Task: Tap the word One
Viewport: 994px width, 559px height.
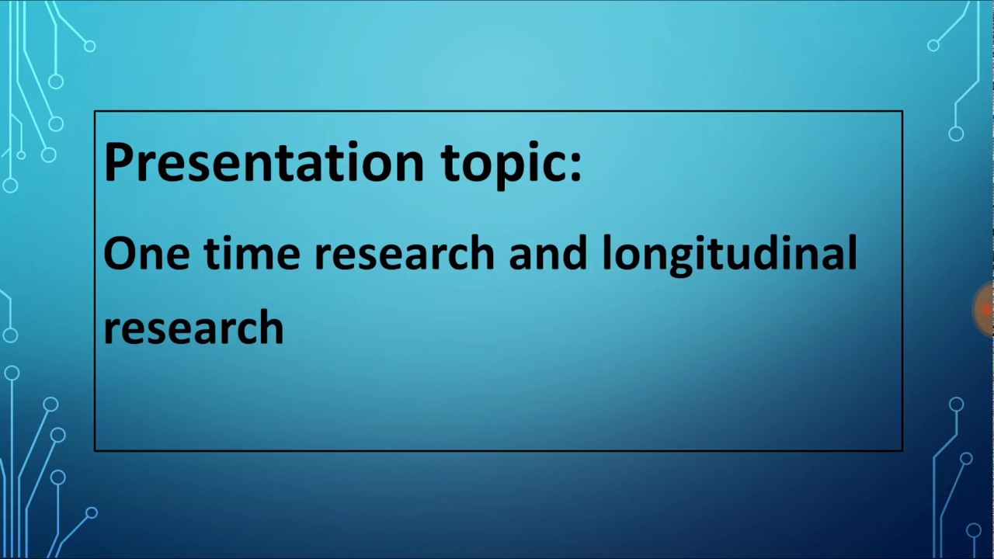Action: (146, 254)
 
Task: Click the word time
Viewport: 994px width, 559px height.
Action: (251, 254)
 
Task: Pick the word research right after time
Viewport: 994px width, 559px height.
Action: (404, 254)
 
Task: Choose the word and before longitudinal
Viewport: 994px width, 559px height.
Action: (547, 254)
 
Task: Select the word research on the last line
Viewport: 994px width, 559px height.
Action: (193, 328)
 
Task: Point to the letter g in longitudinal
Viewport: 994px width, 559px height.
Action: (677, 259)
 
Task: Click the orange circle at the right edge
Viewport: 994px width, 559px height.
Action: (985, 310)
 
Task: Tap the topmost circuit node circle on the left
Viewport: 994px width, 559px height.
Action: (90, 47)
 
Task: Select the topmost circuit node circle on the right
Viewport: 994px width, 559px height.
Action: (933, 46)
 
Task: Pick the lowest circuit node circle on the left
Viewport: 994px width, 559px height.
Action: (92, 513)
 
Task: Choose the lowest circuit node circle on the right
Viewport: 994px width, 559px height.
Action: (974, 530)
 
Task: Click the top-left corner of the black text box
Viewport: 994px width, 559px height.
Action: (95, 112)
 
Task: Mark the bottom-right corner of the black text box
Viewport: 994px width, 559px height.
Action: (902, 450)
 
